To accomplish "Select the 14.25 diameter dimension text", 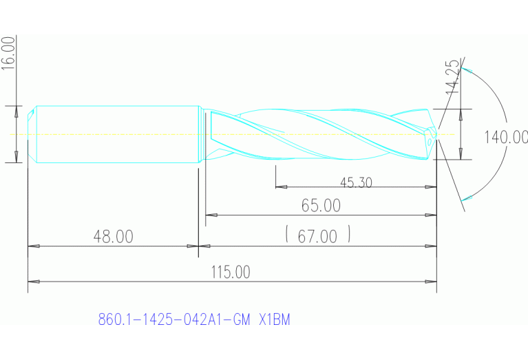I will (x=452, y=76).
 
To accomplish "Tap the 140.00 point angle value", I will (x=505, y=137).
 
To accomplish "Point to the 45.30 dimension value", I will (x=356, y=182).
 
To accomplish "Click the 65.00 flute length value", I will (x=321, y=205).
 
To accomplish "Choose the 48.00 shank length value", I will (x=113, y=237).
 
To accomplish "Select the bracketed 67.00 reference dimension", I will (x=318, y=236).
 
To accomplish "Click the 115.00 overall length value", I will (x=231, y=272).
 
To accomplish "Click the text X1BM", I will (x=274, y=320).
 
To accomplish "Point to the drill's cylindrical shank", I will (x=117, y=134).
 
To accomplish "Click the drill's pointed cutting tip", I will (x=435, y=134).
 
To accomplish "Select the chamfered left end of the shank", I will (x=32, y=134).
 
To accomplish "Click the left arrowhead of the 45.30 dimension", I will (x=280, y=187).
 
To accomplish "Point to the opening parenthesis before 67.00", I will (x=286, y=235).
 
